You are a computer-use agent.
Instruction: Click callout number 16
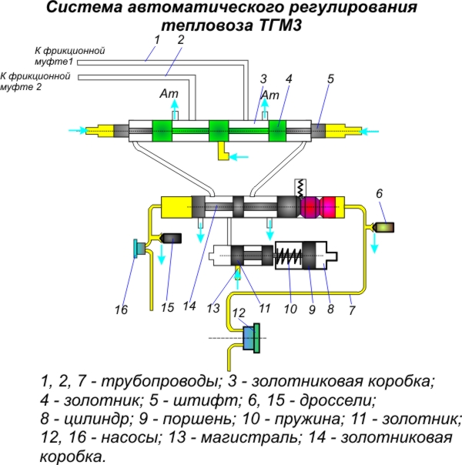pyautogui.click(x=121, y=309)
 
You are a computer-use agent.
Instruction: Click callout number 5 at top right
pyautogui.click(x=330, y=78)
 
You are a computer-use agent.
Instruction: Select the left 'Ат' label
pyautogui.click(x=169, y=95)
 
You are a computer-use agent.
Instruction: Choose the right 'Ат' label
pyautogui.click(x=270, y=95)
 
